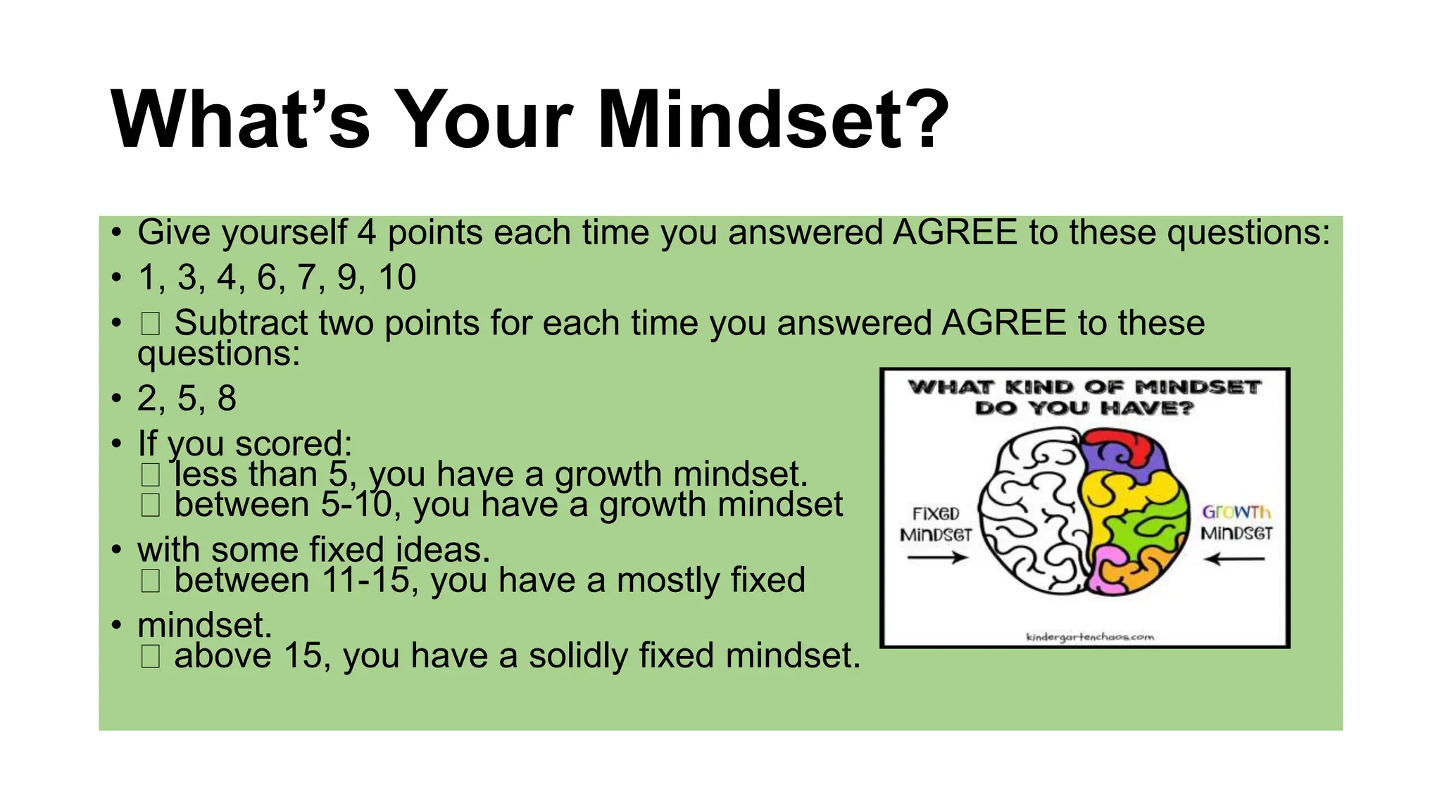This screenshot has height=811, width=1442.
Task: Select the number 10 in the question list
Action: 397,277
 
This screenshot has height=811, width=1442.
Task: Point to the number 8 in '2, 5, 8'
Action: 227,398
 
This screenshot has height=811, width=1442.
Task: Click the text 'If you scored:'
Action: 245,444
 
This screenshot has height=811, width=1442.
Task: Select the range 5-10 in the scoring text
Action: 356,505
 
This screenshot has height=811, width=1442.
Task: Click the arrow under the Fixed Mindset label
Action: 937,558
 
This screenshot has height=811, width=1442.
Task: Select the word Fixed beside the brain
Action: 936,513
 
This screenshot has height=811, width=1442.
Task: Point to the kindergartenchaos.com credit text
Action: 1090,637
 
